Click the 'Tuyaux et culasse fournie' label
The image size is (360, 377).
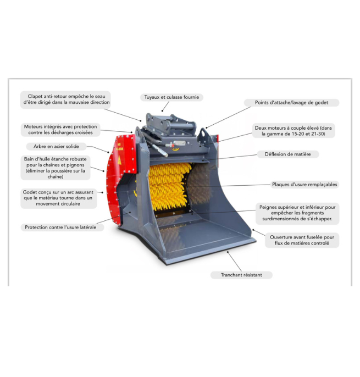click(x=171, y=97)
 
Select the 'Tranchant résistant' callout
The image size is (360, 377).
click(x=241, y=275)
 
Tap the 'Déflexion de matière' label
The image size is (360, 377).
click(x=288, y=154)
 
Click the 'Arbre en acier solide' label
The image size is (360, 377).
click(x=56, y=146)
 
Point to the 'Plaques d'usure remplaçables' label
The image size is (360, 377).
click(x=304, y=185)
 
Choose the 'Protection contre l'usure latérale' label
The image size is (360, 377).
click(x=60, y=228)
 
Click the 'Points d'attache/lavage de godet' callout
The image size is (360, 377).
click(x=291, y=103)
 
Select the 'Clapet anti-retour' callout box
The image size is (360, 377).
click(x=65, y=99)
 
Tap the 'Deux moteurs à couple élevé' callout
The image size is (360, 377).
click(x=293, y=131)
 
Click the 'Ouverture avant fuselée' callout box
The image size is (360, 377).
click(x=302, y=240)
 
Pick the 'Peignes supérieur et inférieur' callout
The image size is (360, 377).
click(x=297, y=213)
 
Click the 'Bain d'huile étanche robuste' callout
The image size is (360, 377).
click(x=56, y=168)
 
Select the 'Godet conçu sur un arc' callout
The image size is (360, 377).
click(x=58, y=198)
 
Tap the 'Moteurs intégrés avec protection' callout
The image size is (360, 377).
click(x=60, y=130)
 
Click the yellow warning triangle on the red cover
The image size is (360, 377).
click(x=119, y=160)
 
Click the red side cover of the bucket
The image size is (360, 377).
click(x=120, y=178)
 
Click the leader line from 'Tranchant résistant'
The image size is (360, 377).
click(x=234, y=262)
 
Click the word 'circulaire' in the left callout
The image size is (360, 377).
click(x=70, y=204)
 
